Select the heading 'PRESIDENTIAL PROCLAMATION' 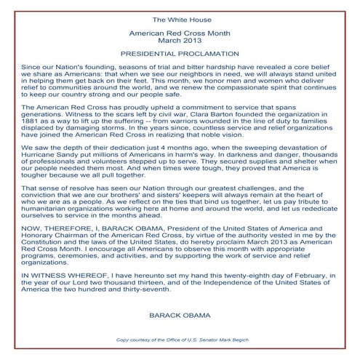tap(180, 53)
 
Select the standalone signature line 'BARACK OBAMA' tap(180, 337)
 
